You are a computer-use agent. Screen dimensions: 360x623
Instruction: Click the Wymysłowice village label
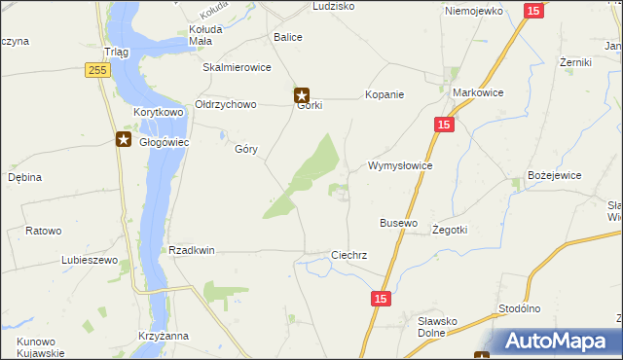[x=399, y=166]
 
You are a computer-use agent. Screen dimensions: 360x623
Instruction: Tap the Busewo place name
[x=398, y=223]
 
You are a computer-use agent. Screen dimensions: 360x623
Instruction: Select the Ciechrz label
[x=348, y=255]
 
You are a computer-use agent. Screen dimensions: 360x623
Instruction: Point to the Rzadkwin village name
[x=191, y=250]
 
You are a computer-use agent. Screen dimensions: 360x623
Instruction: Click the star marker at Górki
[x=302, y=95]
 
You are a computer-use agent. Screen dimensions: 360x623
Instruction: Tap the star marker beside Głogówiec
[x=124, y=139]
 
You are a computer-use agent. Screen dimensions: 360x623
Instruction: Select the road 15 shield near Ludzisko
[x=532, y=10]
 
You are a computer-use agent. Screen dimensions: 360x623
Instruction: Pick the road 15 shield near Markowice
[x=444, y=125]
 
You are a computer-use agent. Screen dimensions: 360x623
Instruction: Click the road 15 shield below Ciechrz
[x=381, y=300]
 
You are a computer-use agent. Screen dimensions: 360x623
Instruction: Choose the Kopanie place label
[x=384, y=95]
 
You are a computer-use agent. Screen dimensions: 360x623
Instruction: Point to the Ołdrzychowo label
[x=225, y=104]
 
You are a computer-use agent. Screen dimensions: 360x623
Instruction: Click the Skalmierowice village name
[x=236, y=68]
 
